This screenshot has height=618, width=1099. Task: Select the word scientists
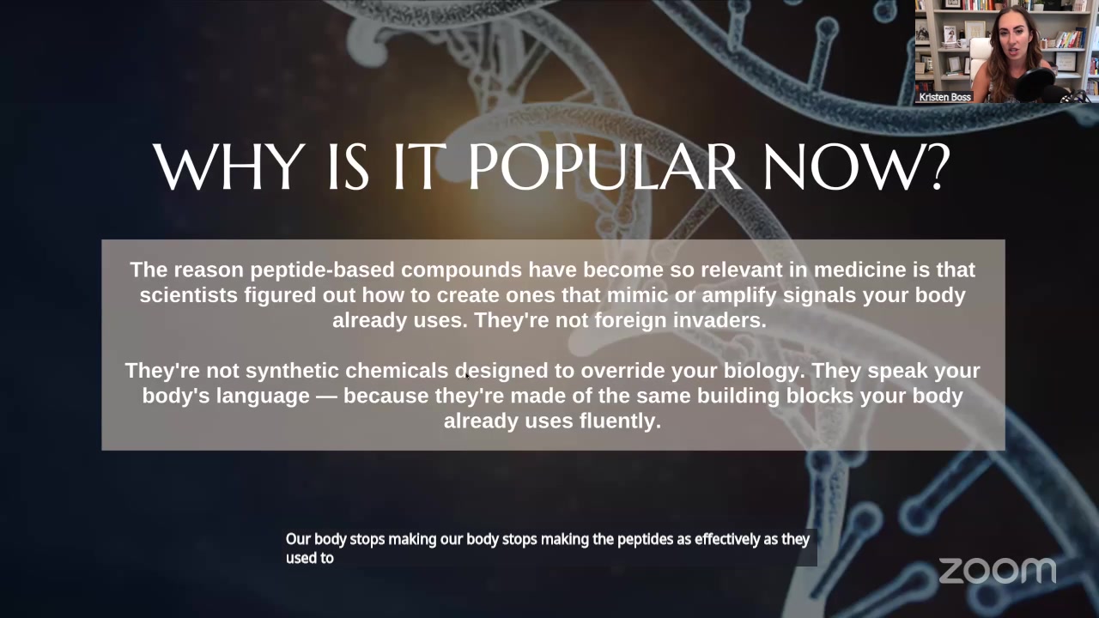click(x=189, y=295)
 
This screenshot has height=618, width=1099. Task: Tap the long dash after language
click(x=326, y=397)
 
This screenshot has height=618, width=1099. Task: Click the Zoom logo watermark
click(x=997, y=571)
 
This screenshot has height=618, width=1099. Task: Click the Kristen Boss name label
click(x=944, y=97)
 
